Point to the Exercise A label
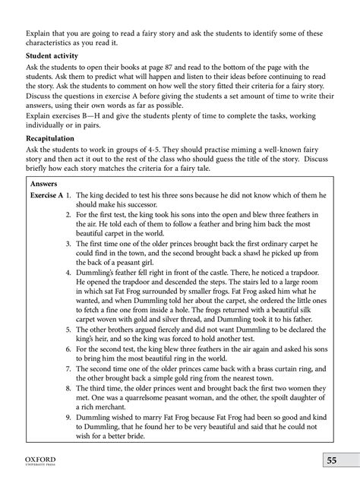tap(49, 195)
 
